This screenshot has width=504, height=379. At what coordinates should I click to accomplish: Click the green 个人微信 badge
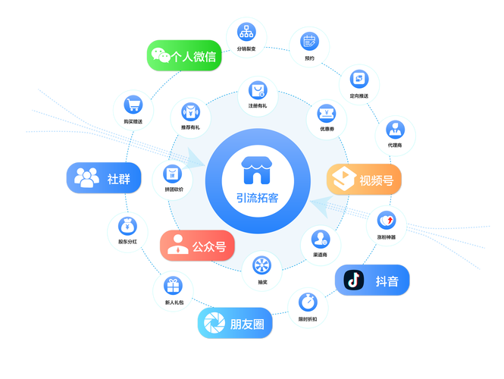(x=183, y=55)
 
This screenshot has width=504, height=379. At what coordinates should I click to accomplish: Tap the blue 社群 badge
(x=103, y=178)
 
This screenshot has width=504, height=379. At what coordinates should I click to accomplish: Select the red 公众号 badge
(x=197, y=245)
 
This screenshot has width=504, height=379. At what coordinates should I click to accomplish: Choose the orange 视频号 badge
(x=364, y=180)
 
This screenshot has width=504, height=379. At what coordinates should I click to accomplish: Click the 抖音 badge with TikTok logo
(x=373, y=280)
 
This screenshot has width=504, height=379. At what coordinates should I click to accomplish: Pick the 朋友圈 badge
(x=235, y=323)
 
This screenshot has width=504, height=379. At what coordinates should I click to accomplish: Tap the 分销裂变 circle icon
(x=246, y=33)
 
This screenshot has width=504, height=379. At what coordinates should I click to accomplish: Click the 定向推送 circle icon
(x=358, y=78)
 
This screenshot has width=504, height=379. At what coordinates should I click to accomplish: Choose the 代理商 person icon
(x=394, y=128)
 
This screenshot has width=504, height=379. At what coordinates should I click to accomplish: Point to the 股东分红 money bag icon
(x=126, y=226)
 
